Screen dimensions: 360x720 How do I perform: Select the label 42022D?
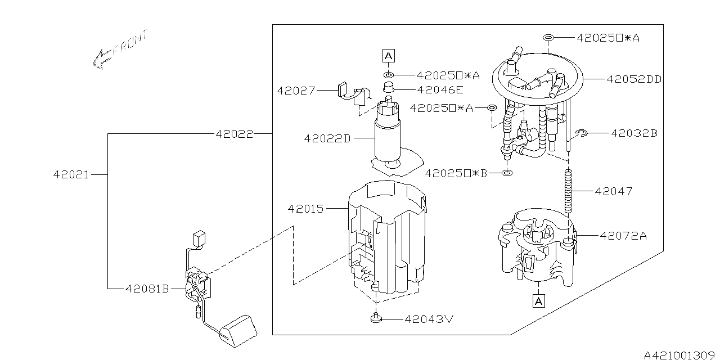[x=327, y=138]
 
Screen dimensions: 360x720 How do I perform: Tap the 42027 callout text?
[x=295, y=90]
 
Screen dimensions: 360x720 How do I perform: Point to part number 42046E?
[x=440, y=89]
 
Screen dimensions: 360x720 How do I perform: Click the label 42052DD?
[x=634, y=79]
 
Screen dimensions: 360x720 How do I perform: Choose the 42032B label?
[x=634, y=133]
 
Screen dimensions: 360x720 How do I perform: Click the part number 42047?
[x=614, y=191]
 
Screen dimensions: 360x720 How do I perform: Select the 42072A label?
[x=623, y=236]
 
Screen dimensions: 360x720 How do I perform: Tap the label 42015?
[x=305, y=209]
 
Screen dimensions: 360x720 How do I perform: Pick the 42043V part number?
[x=429, y=319]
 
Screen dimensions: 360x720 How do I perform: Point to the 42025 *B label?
[x=457, y=173]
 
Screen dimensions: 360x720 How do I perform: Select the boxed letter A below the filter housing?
[x=538, y=301]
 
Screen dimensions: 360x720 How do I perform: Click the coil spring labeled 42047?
[x=568, y=191]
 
